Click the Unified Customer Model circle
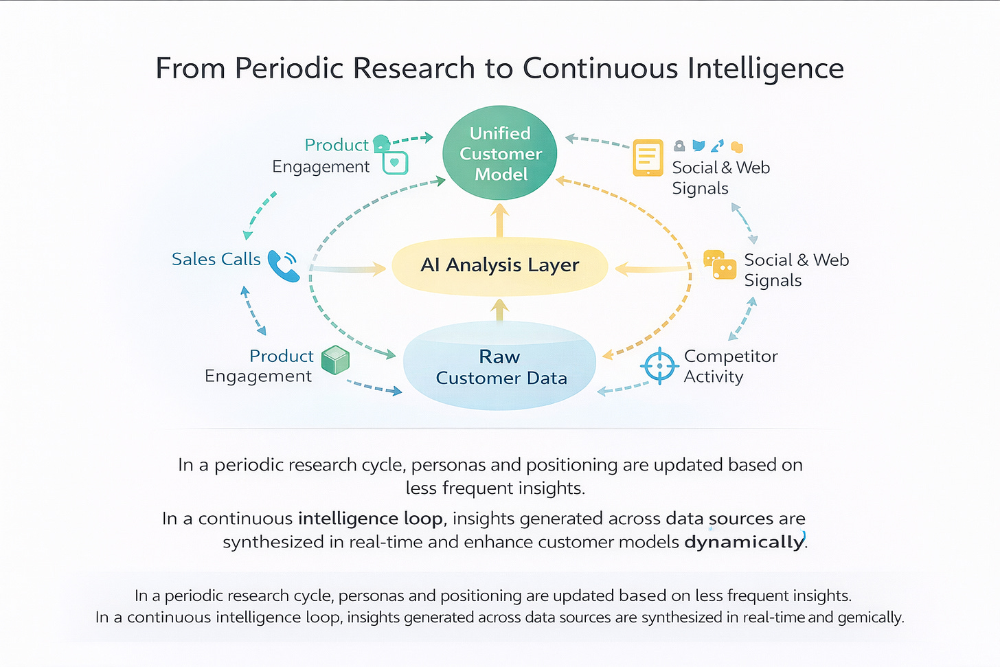click(x=500, y=153)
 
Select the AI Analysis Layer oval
click(x=499, y=266)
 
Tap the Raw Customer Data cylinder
click(x=499, y=367)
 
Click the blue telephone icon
click(x=283, y=265)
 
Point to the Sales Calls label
click(x=216, y=259)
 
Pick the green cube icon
click(x=335, y=360)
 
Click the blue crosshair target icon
click(x=659, y=365)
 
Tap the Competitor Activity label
click(x=730, y=366)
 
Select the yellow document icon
click(x=648, y=158)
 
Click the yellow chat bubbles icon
click(x=720, y=265)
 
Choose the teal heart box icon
click(x=395, y=163)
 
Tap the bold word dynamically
click(x=744, y=542)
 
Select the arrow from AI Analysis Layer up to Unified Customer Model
click(x=501, y=221)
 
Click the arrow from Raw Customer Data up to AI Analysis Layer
click(x=501, y=310)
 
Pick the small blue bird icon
click(x=698, y=146)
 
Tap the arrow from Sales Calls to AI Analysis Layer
click(x=350, y=269)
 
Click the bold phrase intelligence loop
click(x=370, y=519)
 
